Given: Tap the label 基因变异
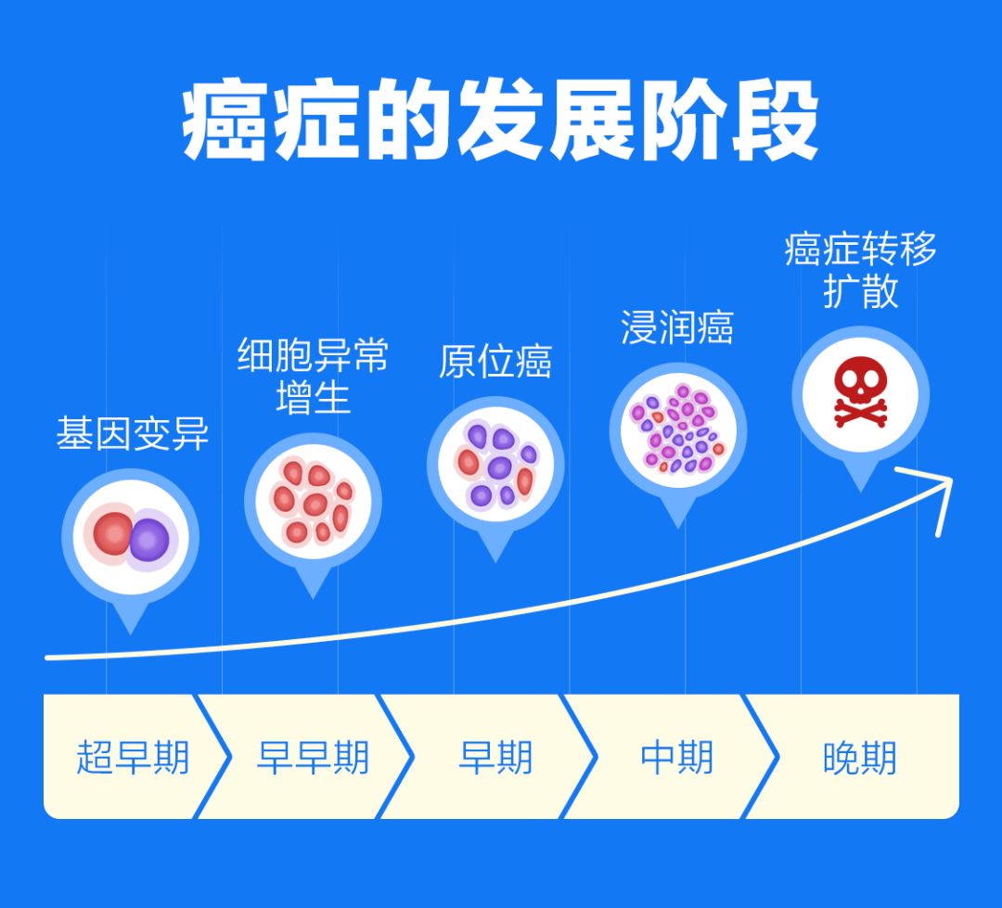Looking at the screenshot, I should (x=132, y=434).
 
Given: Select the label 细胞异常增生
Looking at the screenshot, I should (x=313, y=376).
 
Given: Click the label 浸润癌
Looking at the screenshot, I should (x=676, y=327).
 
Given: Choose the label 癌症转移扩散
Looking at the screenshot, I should (x=860, y=269).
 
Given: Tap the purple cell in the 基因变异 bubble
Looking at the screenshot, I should (x=149, y=540).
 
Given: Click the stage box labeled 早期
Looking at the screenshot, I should (x=495, y=757).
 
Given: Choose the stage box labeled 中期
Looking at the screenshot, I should (x=676, y=757).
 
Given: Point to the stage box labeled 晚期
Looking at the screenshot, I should (x=859, y=757).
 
